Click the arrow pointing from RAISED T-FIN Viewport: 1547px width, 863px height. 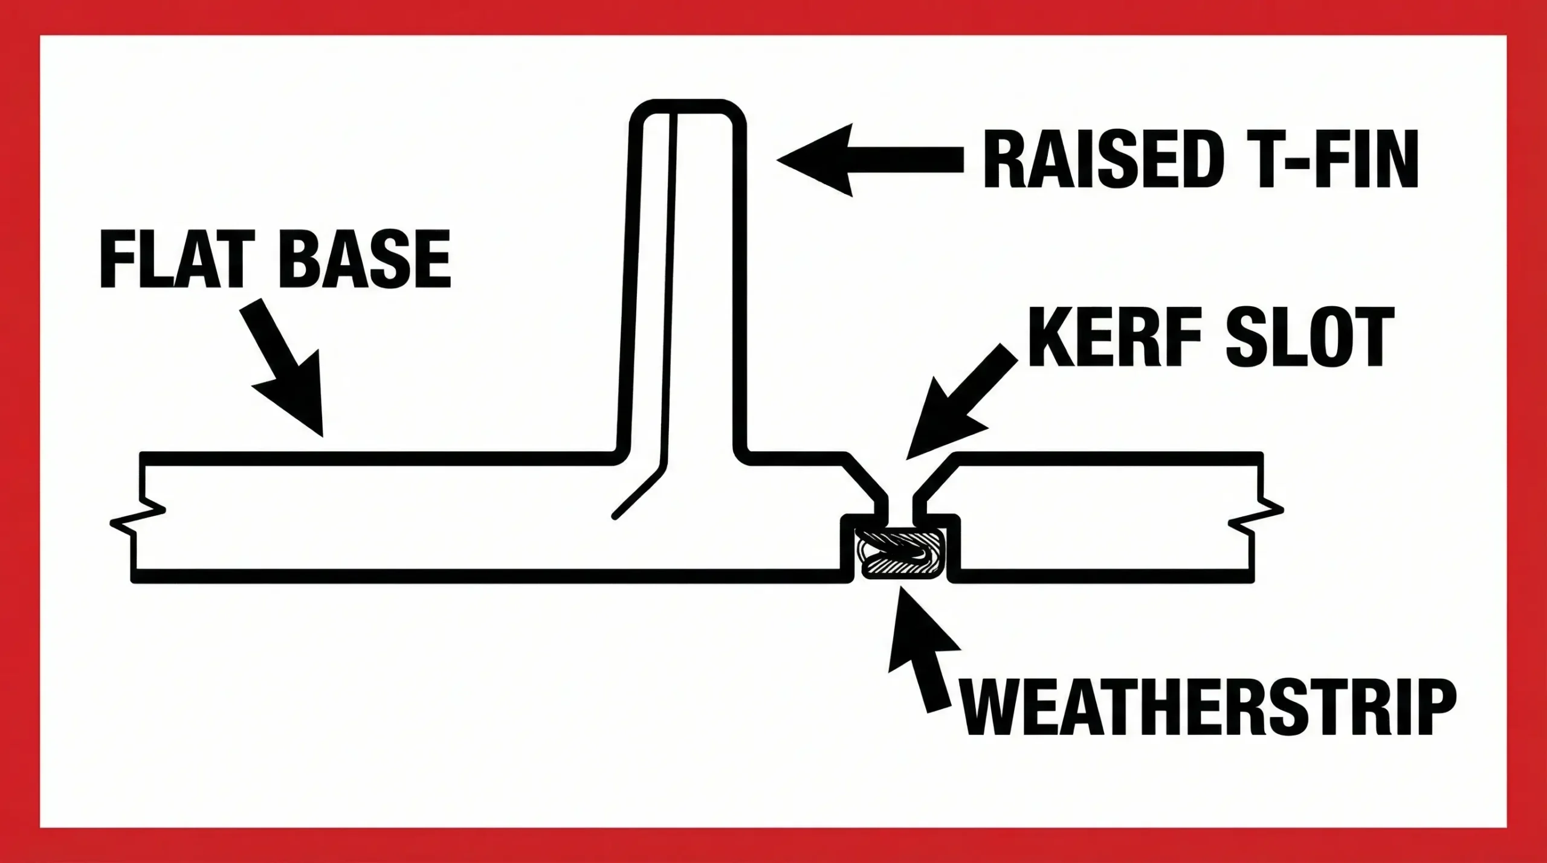pyautogui.click(x=870, y=160)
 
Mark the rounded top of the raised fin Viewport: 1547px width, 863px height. pyautogui.click(x=688, y=107)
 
